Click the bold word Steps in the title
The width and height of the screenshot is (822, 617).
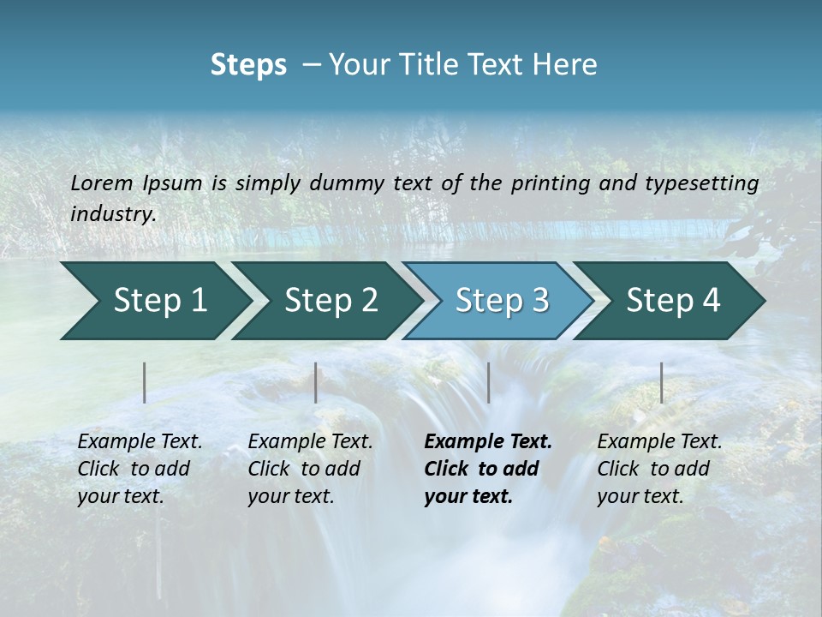pos(248,65)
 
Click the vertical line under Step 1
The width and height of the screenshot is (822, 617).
pos(145,382)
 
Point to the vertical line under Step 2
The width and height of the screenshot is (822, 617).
pos(316,382)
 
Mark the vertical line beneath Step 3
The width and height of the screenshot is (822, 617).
pos(488,382)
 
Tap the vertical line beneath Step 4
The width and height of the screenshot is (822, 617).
pos(661,382)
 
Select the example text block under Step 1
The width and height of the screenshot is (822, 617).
pos(139,469)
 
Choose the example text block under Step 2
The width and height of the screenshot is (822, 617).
pos(309,469)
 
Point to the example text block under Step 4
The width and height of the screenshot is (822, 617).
pos(658,469)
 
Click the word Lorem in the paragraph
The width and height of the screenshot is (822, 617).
pos(102,183)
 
